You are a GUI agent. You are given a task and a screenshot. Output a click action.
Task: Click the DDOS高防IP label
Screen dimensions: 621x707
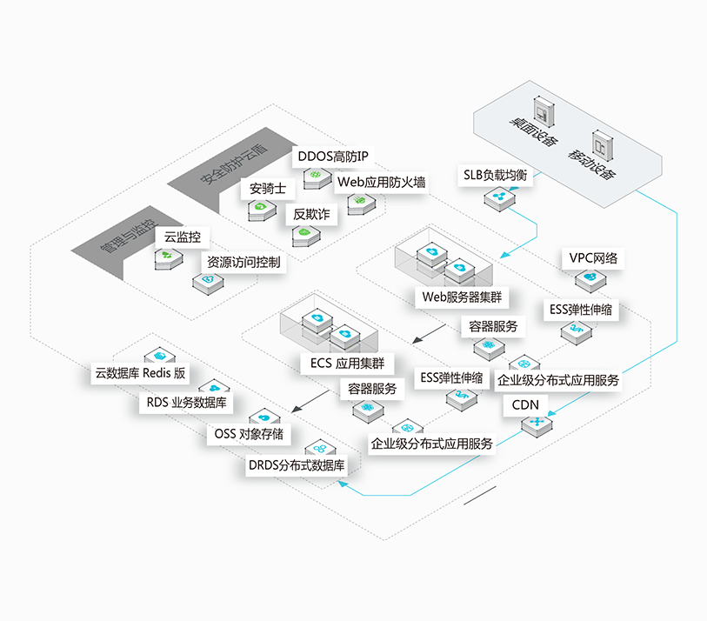(x=333, y=157)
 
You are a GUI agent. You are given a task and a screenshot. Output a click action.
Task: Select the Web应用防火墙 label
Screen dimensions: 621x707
(x=382, y=183)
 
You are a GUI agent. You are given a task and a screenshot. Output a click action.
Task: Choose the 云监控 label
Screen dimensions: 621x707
(x=182, y=237)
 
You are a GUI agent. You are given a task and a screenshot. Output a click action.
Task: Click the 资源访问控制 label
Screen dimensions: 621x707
(x=243, y=262)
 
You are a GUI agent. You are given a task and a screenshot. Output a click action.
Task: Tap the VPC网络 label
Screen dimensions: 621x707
(x=597, y=258)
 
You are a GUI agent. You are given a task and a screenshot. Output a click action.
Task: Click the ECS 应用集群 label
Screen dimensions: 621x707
(x=347, y=363)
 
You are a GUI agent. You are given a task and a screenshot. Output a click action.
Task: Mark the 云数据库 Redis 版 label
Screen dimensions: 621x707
(x=141, y=373)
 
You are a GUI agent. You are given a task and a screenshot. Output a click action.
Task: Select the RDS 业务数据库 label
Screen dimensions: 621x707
(x=186, y=403)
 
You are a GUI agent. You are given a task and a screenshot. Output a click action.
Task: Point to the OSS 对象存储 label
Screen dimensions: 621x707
(x=248, y=433)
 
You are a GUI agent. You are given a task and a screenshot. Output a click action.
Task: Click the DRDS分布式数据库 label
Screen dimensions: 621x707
(x=297, y=465)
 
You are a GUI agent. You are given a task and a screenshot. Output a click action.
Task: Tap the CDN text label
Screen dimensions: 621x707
(x=525, y=404)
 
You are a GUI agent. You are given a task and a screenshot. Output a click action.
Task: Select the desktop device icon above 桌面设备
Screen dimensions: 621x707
(x=544, y=114)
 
